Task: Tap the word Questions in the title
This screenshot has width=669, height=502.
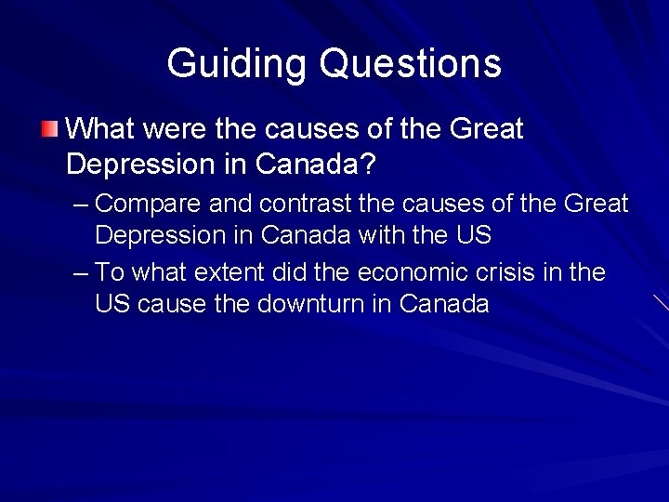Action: coord(410,63)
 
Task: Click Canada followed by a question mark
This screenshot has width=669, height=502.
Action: coord(316,165)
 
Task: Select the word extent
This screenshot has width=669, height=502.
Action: coord(228,272)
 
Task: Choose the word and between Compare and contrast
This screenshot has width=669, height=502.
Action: coord(231,203)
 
